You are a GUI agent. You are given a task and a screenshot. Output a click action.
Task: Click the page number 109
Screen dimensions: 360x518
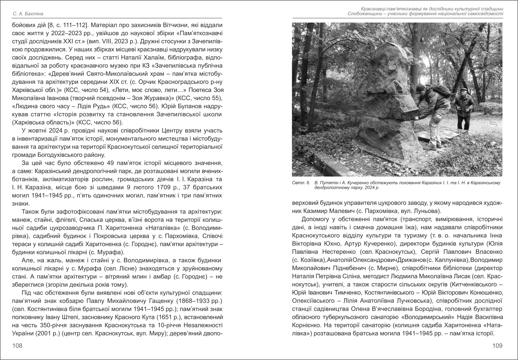(497, 346)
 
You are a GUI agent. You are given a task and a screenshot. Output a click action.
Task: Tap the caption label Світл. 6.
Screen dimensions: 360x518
(300, 183)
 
